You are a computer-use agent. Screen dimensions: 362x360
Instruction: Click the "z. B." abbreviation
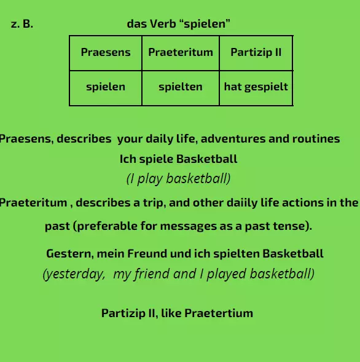tap(22, 25)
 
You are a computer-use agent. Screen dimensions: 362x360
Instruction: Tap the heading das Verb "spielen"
tap(178, 25)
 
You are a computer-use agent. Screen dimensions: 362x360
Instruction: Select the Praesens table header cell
tap(106, 52)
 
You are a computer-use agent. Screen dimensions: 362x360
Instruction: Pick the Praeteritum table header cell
tap(181, 52)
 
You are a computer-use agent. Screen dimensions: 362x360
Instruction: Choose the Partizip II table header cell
tap(256, 52)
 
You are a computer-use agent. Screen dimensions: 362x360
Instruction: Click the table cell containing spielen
tap(106, 87)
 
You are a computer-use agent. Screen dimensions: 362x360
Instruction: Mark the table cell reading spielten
tap(181, 87)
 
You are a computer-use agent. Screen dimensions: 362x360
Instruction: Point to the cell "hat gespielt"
tap(256, 87)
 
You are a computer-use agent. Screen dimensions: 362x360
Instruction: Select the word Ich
tap(127, 159)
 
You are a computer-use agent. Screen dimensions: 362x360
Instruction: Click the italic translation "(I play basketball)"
tap(178, 179)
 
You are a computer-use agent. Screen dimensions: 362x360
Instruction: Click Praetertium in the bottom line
tap(218, 313)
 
